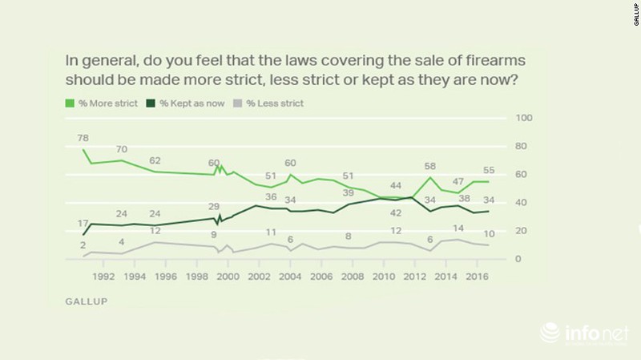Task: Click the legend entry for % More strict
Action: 106,103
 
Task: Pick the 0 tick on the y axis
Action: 522,258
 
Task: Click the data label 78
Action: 83,138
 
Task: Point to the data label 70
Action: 122,149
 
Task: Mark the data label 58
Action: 429,167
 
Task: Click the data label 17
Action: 83,222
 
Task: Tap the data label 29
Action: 214,207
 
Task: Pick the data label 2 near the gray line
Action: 83,245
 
